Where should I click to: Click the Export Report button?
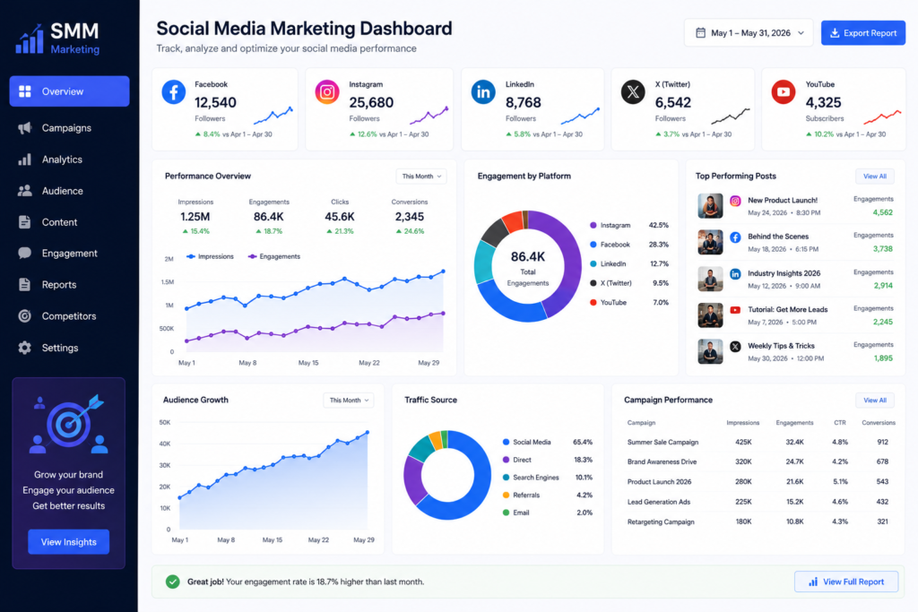[863, 33]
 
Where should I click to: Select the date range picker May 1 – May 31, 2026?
[749, 33]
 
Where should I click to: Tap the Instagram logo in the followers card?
[327, 92]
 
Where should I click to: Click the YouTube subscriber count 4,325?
[823, 102]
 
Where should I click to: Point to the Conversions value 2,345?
[409, 217]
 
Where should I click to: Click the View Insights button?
[68, 542]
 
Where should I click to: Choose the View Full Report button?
[846, 582]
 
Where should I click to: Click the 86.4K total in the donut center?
[527, 257]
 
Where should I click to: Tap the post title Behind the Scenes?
[778, 237]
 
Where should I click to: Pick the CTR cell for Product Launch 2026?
[840, 481]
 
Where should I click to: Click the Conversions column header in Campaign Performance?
[879, 422]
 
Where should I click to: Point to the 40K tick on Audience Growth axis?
[165, 444]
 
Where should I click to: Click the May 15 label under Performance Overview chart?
[308, 363]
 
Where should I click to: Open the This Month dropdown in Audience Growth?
[349, 401]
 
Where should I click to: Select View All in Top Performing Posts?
[875, 177]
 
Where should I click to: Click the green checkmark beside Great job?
[173, 582]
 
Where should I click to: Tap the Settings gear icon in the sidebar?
[24, 348]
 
